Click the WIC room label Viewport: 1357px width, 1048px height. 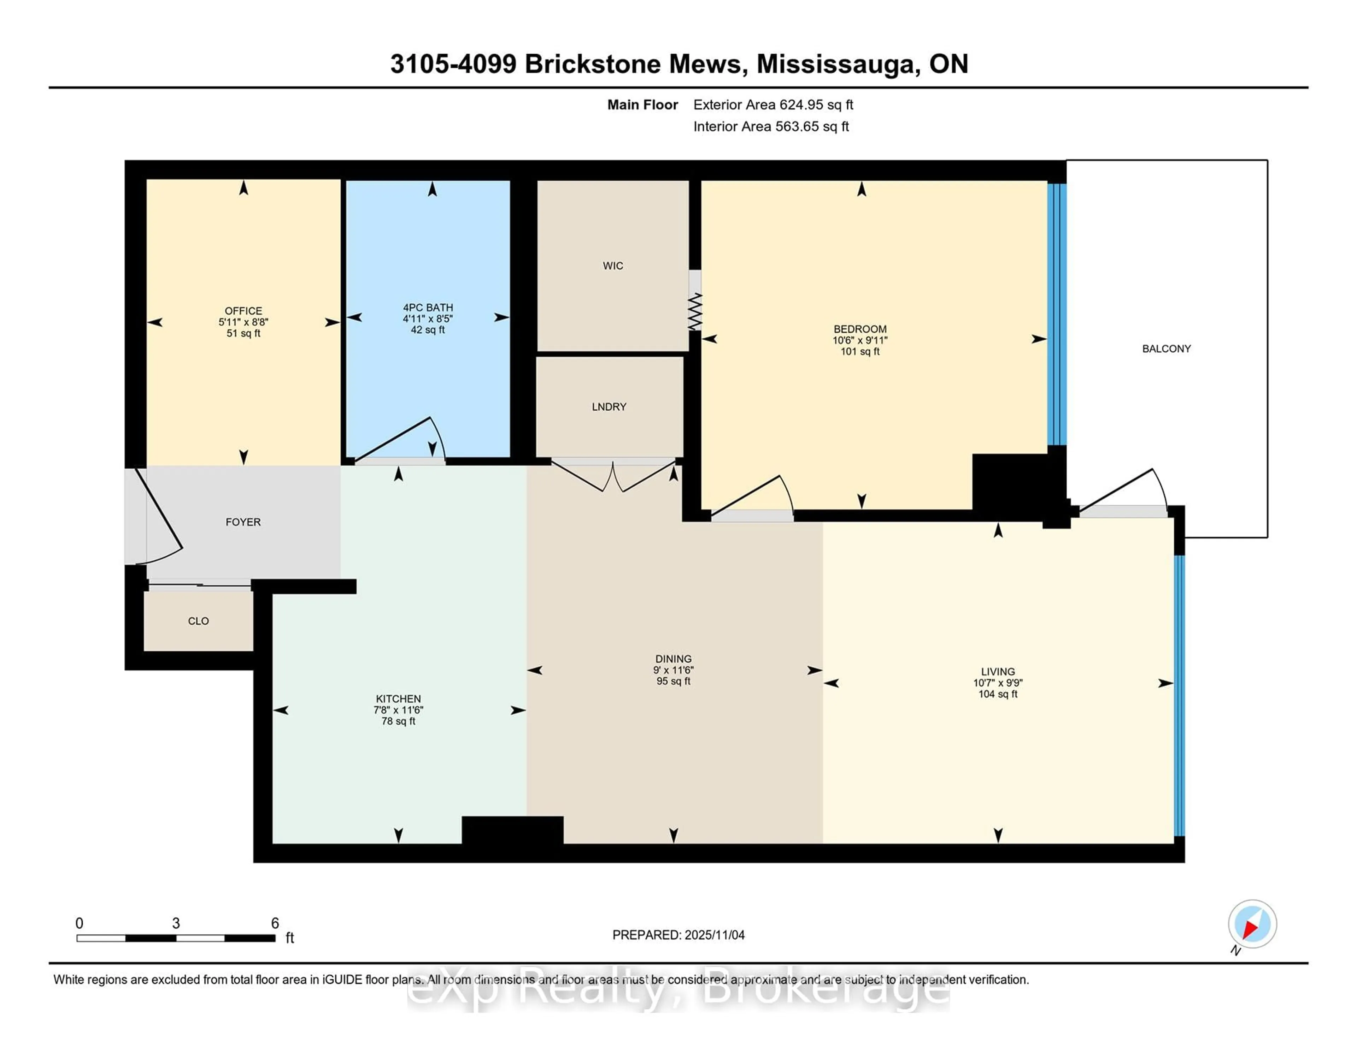[613, 266]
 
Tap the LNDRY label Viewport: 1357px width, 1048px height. [609, 407]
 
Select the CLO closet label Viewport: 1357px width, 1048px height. [198, 621]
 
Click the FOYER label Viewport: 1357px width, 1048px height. [243, 522]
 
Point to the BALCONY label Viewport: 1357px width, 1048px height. [1166, 349]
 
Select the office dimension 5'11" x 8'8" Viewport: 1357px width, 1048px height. [243, 322]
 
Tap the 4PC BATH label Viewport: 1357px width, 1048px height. [428, 307]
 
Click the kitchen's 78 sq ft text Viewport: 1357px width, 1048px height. [398, 721]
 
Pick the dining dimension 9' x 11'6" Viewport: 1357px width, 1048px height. [673, 670]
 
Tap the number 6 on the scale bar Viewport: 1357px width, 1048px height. [275, 923]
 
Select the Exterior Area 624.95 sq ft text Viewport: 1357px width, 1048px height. [773, 105]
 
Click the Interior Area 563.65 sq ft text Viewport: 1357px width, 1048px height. [770, 127]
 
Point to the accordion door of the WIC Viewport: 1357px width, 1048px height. [695, 312]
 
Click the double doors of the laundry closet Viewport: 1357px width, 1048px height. [613, 476]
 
